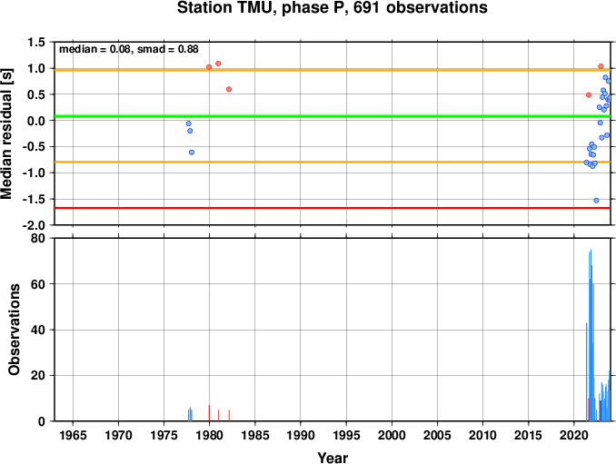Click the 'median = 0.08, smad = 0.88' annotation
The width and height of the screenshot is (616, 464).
[129, 49]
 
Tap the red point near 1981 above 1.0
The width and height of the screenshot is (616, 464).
[218, 64]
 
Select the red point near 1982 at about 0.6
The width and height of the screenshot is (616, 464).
[229, 89]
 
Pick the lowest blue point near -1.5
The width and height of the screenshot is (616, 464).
[596, 200]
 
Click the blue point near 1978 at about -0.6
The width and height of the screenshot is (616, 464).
[192, 153]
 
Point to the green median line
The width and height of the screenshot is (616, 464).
[333, 116]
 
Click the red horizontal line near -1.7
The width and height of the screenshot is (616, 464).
[333, 208]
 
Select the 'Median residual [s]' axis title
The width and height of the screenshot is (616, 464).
[7, 133]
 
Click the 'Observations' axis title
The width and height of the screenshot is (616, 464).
[15, 330]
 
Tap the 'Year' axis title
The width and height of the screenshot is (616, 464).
[333, 458]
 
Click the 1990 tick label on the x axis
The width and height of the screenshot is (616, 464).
[301, 435]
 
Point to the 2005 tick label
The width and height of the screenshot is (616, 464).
[437, 435]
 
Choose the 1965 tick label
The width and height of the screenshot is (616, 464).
[73, 435]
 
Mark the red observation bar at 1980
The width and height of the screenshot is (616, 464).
[209, 413]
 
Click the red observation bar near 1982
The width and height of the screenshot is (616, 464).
[229, 415]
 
